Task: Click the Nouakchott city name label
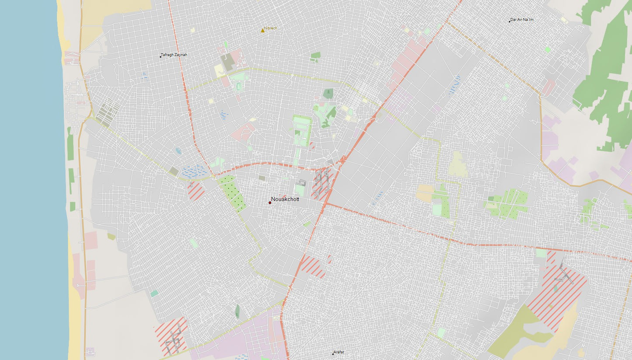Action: click(285, 199)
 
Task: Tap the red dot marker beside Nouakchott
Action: click(270, 203)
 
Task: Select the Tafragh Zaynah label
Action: click(174, 55)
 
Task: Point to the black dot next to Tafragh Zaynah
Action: click(161, 56)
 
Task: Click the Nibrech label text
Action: click(271, 28)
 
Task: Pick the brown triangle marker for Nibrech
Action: click(262, 30)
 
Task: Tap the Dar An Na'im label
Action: click(522, 20)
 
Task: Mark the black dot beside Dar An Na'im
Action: click(510, 21)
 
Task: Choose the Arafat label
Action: click(339, 352)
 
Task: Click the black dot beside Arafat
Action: click(333, 353)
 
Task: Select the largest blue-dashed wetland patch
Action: click(194, 171)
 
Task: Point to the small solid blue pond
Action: click(178, 151)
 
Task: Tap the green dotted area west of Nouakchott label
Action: click(232, 192)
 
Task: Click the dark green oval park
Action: click(237, 311)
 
